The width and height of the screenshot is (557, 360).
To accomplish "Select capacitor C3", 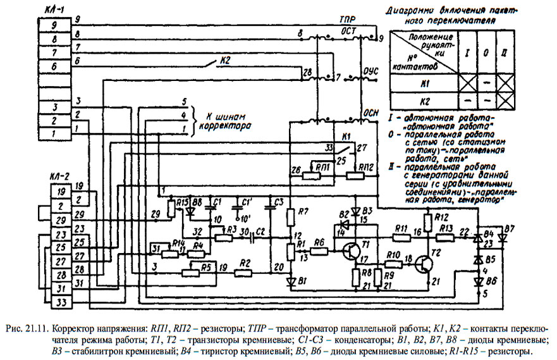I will click(x=272, y=209).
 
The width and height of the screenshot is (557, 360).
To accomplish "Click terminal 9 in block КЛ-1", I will click(x=54, y=26).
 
